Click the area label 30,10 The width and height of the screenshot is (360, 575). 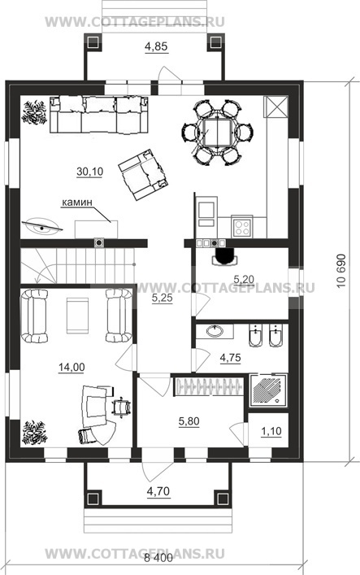90,172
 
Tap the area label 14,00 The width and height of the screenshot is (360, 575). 72,367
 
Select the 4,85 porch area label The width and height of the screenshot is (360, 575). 156,46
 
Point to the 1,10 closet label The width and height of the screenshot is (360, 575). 271,431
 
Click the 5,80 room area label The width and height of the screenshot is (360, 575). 189,422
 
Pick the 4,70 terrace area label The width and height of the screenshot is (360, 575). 158,490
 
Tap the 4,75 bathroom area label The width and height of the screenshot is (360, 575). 230,357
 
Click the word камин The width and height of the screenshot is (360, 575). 76,202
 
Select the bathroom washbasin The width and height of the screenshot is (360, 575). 215,332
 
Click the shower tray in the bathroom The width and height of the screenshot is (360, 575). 268,390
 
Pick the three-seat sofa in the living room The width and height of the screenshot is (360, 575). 99,115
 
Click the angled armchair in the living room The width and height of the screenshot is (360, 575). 141,174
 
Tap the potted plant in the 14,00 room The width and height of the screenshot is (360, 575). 34,433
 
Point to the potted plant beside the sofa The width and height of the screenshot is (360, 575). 34,112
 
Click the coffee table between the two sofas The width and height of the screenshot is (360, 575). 77,316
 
